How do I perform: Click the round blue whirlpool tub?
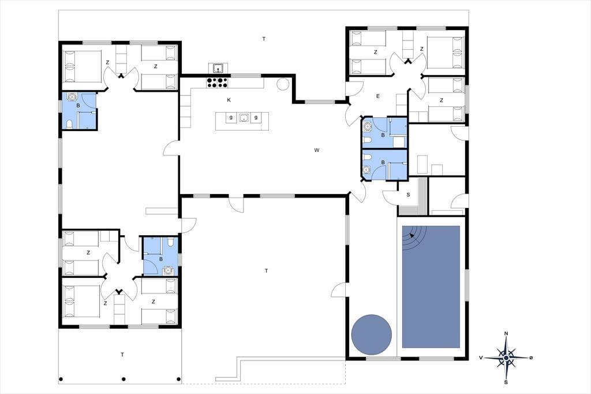tap(371, 334)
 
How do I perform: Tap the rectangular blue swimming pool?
tap(431, 287)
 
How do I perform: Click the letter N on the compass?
tap(506, 333)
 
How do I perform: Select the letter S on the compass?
tap(506, 382)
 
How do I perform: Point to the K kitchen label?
tap(229, 100)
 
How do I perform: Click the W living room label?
tap(317, 150)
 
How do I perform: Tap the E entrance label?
tap(377, 96)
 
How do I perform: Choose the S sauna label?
tap(408, 195)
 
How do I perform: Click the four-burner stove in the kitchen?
tap(217, 82)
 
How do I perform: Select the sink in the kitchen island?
tap(244, 118)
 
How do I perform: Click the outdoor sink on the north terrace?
tap(218, 68)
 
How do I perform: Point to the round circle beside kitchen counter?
tap(283, 84)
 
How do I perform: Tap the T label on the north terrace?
tap(264, 39)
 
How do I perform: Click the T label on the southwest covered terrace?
tap(122, 355)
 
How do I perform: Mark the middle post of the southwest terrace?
tap(124, 379)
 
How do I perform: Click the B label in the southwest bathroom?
tap(161, 259)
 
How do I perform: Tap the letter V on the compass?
tap(481, 358)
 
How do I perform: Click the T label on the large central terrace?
tap(267, 270)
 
